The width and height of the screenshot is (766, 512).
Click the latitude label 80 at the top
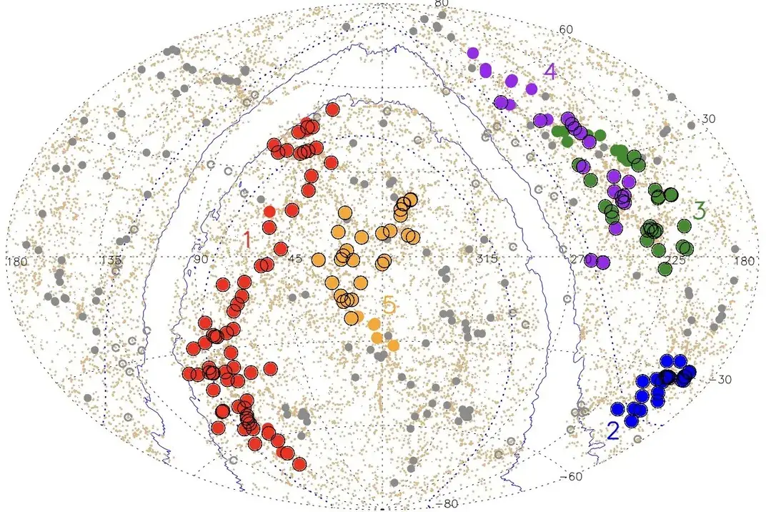(442, 4)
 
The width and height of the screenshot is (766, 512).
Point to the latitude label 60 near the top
(567, 29)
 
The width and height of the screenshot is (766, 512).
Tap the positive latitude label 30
(707, 119)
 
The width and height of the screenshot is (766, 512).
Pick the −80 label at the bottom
(447, 504)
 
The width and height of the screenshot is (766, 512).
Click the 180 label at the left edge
(16, 262)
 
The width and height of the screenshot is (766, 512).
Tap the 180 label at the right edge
(743, 262)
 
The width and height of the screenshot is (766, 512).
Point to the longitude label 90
(200, 260)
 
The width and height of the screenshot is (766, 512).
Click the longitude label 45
(294, 260)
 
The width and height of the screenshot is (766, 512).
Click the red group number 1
(247, 240)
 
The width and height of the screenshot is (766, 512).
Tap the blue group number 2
(613, 430)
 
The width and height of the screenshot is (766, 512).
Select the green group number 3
(700, 211)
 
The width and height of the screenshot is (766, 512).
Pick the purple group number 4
(549, 72)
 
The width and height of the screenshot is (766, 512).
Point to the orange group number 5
(389, 306)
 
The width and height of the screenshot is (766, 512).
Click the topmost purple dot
(472, 53)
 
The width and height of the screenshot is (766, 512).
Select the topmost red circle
(332, 109)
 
